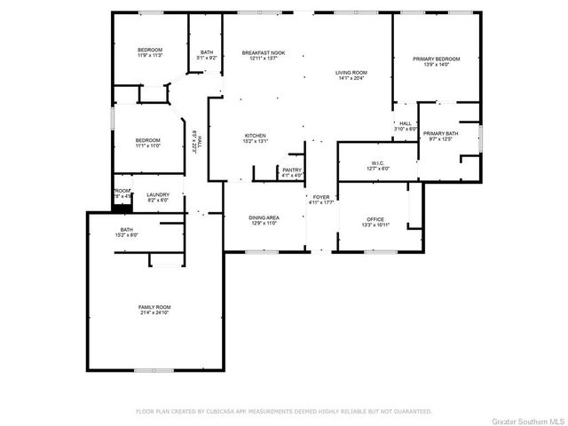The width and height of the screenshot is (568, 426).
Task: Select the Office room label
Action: click(x=376, y=220)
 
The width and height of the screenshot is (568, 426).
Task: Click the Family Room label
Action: click(x=154, y=310)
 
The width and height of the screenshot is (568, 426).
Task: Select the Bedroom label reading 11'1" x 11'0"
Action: click(x=147, y=143)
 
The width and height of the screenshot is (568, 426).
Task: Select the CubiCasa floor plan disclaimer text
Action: click(x=283, y=412)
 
